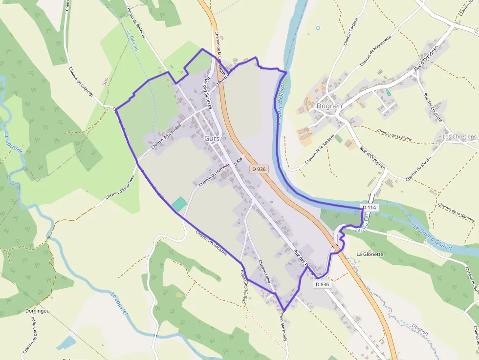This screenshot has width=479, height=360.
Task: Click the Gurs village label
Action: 212,138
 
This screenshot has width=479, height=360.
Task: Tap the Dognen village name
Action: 329,106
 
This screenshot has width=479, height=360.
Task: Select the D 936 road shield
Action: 259,169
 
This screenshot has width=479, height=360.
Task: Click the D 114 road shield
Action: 370,208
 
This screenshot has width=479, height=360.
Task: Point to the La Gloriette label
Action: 370,254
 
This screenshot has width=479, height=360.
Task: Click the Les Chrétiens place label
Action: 459,137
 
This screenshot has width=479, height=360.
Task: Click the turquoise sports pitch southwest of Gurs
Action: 179,204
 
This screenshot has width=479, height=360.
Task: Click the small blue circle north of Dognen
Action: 318,28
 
